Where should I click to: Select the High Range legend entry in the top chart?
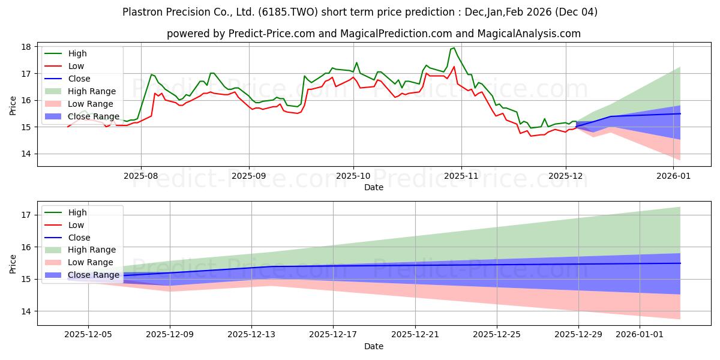click(92, 91)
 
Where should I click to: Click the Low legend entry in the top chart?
click(76, 66)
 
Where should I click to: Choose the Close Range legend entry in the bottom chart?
click(93, 275)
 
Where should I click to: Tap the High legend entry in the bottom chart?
click(77, 212)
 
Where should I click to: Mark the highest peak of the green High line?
click(454, 48)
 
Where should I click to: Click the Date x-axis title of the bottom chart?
click(373, 346)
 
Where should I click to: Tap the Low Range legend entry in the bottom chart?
click(91, 262)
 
